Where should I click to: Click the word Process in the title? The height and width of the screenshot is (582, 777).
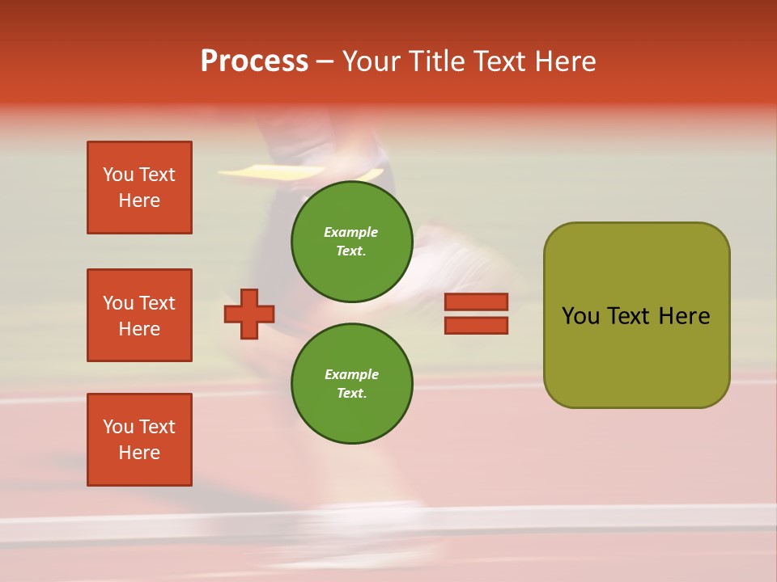pyautogui.click(x=254, y=61)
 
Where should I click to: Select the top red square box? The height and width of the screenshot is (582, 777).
pyautogui.click(x=139, y=188)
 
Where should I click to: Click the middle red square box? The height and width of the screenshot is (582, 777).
pyautogui.click(x=139, y=315)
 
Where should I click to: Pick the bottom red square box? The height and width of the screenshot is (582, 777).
pyautogui.click(x=139, y=440)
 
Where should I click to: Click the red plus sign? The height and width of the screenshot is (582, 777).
pyautogui.click(x=249, y=314)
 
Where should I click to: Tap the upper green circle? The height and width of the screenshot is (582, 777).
pyautogui.click(x=351, y=241)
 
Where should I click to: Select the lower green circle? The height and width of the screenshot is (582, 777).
pyautogui.click(x=351, y=383)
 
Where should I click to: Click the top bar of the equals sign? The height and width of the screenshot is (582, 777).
pyautogui.click(x=476, y=302)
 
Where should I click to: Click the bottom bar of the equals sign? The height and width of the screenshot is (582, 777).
pyautogui.click(x=476, y=326)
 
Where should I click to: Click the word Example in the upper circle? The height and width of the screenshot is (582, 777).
pyautogui.click(x=350, y=232)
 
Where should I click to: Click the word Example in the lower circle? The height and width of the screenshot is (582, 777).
pyautogui.click(x=351, y=374)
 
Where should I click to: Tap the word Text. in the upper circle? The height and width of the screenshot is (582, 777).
pyautogui.click(x=351, y=251)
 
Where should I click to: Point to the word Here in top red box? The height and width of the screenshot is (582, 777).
pyautogui.click(x=139, y=200)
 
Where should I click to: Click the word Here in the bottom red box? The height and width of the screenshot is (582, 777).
pyautogui.click(x=139, y=453)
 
